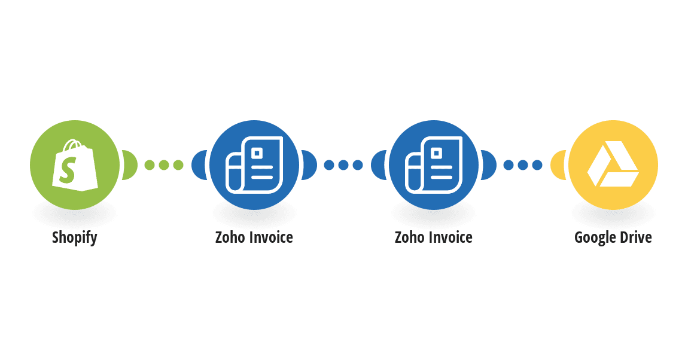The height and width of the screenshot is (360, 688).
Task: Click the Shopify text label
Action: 75,237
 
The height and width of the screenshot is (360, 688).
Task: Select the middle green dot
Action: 164,165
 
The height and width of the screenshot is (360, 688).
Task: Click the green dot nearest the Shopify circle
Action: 150,165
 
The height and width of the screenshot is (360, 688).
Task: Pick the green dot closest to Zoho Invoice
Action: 178,165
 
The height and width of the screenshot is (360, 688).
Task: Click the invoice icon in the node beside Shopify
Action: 254,165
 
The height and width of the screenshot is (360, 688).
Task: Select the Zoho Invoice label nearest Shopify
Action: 254,237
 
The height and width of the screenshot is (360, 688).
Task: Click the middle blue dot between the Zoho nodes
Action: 343,165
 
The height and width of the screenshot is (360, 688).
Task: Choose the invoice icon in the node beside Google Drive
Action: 434,165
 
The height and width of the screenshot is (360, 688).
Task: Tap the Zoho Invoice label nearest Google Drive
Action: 434,237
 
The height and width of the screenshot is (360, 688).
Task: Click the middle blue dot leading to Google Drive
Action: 523,165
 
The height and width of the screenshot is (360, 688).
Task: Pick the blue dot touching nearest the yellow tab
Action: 537,165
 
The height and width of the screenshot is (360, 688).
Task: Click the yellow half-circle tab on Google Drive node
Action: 558,165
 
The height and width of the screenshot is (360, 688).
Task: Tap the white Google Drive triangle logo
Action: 613,164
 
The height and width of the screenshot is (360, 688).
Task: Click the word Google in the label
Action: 595,237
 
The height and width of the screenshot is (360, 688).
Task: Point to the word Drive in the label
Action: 635,237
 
